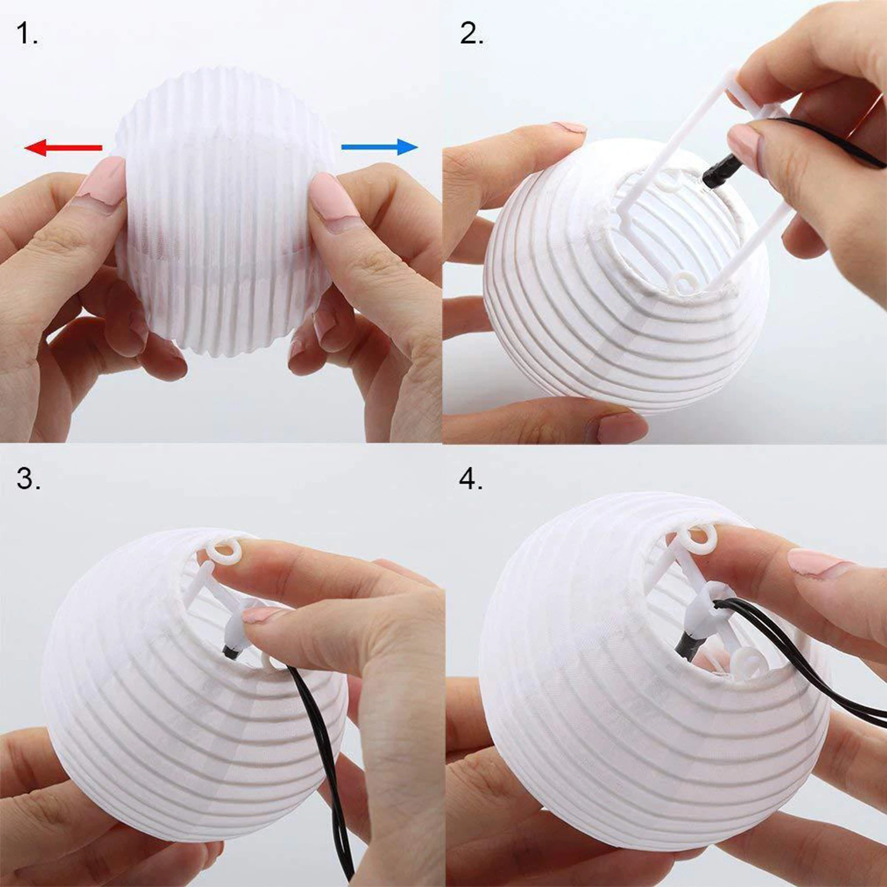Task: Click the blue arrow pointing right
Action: (x=379, y=147)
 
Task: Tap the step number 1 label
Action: (x=26, y=34)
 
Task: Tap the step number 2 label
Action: (x=471, y=34)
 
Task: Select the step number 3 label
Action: (x=28, y=478)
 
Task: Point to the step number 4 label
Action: (x=471, y=478)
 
